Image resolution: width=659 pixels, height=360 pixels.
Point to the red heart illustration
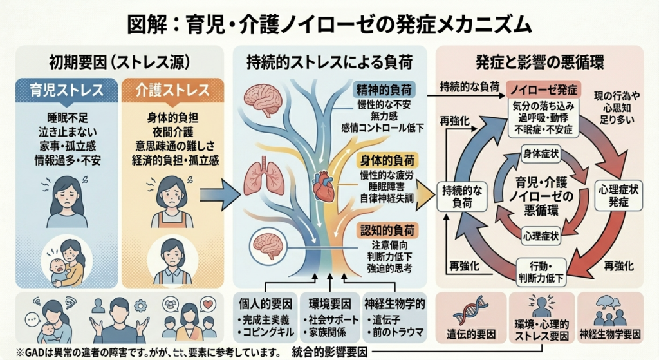coord(323,186)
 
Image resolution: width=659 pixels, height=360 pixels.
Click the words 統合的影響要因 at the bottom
coord(329,352)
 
